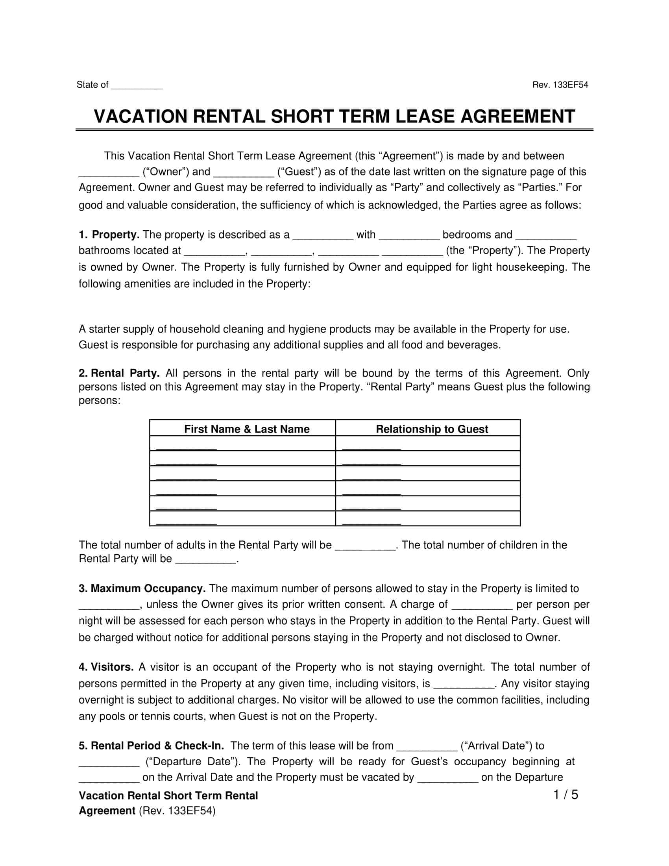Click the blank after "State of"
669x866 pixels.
coord(137,85)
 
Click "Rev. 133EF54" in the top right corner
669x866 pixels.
coord(560,85)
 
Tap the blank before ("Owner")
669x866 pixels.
coord(109,172)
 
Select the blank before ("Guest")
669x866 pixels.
coord(244,172)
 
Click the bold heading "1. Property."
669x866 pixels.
coord(109,235)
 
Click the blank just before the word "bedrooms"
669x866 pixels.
coord(409,235)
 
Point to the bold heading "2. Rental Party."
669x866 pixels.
coord(119,373)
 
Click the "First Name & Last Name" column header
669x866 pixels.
coord(246,429)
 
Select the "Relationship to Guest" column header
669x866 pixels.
coord(432,429)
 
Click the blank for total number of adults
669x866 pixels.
coord(365,546)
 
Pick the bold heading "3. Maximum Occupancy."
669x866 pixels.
coord(142,588)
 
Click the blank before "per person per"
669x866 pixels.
coord(482,605)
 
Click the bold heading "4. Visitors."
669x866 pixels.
coord(106,667)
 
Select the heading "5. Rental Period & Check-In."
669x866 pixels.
coord(151,746)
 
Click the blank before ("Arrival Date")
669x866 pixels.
coord(427,746)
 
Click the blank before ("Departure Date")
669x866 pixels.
coord(109,762)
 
